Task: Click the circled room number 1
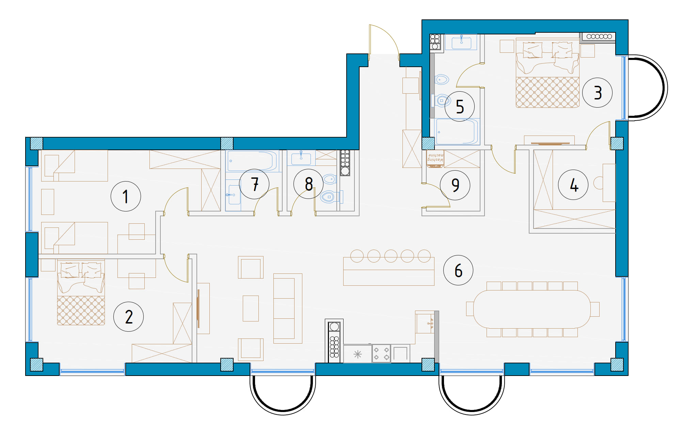click(126, 196)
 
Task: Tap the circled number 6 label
click(458, 270)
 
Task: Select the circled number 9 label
click(455, 185)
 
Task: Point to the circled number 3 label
click(597, 93)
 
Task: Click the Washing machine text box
click(435, 159)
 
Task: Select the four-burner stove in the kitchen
click(381, 353)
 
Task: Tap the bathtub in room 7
click(252, 161)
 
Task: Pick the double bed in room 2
click(81, 293)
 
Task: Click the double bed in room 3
click(548, 73)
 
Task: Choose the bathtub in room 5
click(456, 132)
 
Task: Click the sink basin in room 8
click(301, 158)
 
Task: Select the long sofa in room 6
click(288, 309)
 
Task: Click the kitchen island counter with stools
click(389, 271)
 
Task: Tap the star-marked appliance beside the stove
click(358, 354)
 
